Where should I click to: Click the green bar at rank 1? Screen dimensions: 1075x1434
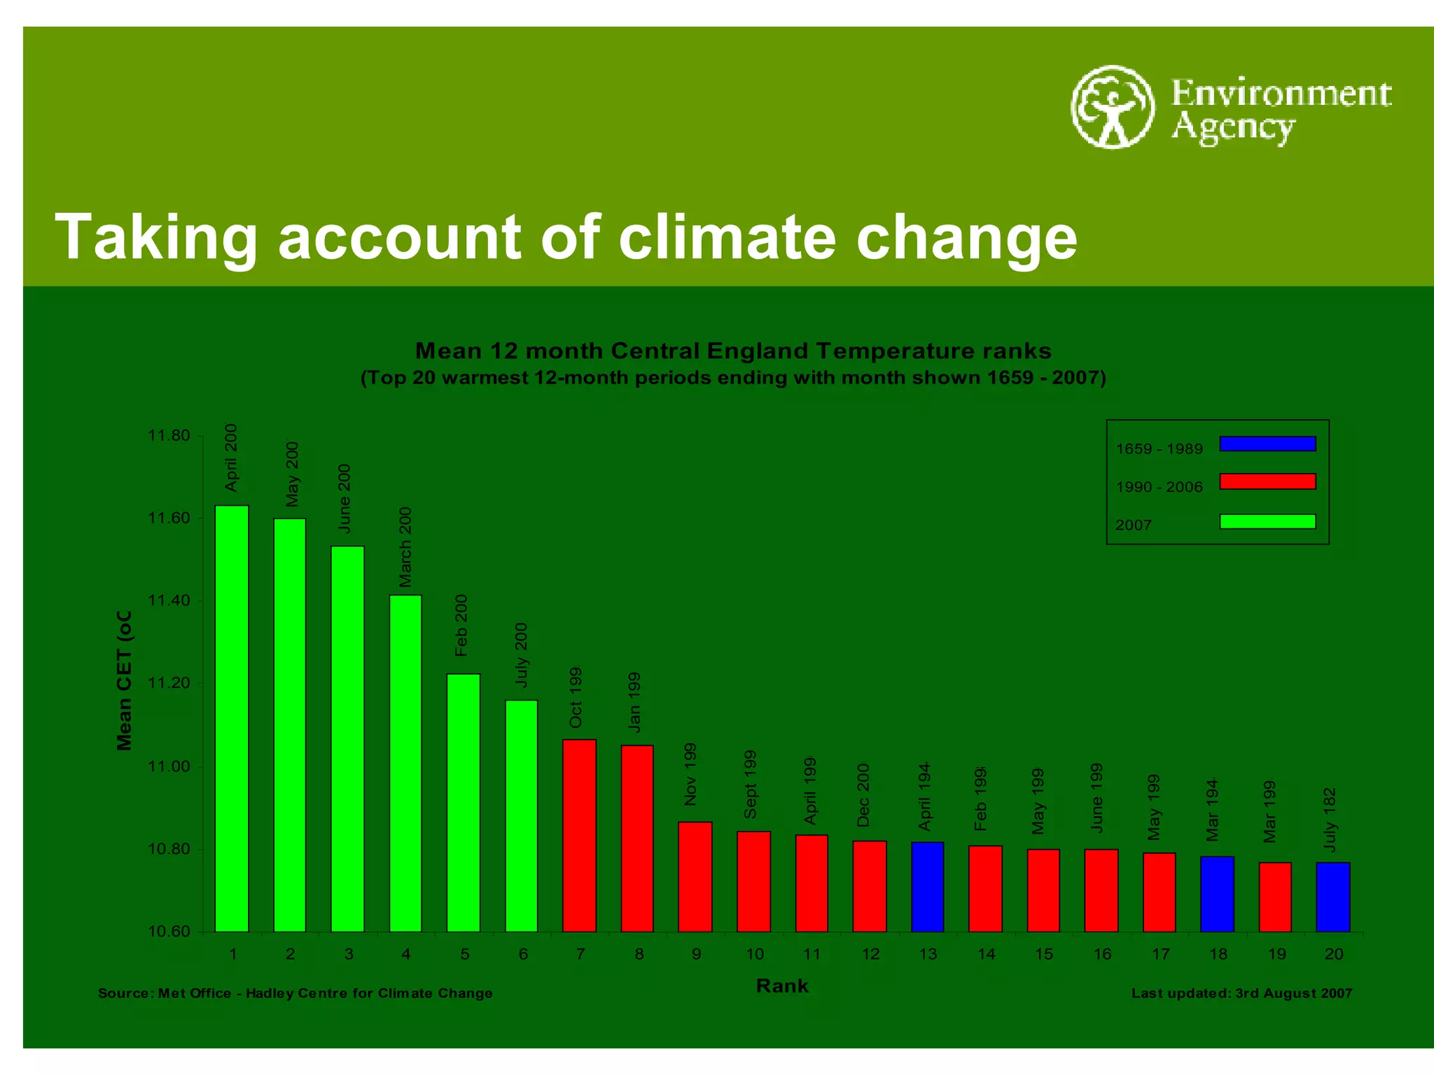pos(231,718)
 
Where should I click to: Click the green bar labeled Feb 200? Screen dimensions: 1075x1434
pos(464,802)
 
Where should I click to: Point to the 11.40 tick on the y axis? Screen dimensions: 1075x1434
pos(169,600)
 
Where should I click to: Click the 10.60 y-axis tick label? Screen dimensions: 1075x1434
pos(169,932)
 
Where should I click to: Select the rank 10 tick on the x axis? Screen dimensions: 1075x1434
pos(754,954)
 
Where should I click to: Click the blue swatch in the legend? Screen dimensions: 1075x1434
pos(1267,444)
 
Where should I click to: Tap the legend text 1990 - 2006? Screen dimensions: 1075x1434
pos(1159,487)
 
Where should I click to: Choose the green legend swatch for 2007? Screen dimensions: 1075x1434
pos(1267,521)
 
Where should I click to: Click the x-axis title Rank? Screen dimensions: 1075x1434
pos(782,986)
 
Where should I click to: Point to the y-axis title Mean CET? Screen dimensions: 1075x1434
pos(124,680)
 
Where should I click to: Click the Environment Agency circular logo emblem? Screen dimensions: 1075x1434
pos(1112,107)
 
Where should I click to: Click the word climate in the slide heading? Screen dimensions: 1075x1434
pos(727,237)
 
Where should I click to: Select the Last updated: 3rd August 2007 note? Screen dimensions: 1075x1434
pos(1241,993)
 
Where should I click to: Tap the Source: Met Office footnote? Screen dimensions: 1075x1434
pos(295,993)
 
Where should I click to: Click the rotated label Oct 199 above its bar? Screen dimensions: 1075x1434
pos(576,697)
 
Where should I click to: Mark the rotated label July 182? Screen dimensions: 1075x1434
pos(1330,820)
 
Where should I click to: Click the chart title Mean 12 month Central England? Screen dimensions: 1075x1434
pos(732,351)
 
